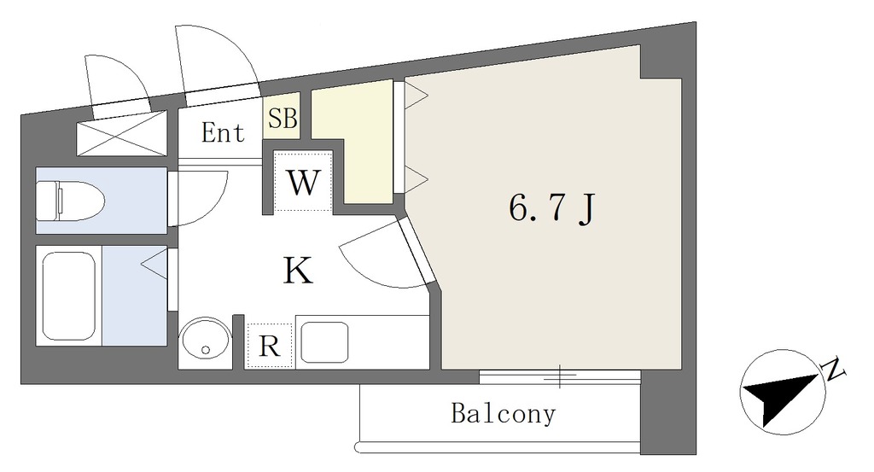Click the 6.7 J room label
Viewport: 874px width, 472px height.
(551, 209)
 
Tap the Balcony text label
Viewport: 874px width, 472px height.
(503, 415)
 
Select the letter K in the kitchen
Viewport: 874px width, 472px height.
(297, 271)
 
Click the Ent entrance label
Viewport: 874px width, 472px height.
(223, 133)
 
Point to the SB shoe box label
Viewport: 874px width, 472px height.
(283, 119)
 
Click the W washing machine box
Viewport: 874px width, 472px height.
(302, 182)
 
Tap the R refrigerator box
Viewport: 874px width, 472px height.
(269, 347)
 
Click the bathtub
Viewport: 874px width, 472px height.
(67, 295)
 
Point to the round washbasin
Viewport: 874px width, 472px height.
(205, 341)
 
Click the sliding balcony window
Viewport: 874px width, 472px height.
(559, 375)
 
